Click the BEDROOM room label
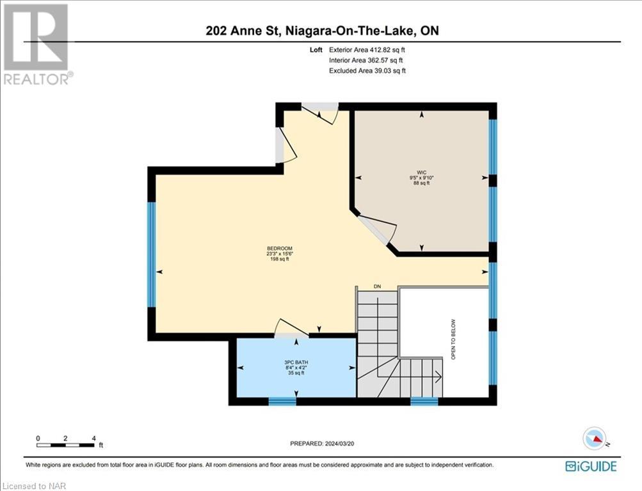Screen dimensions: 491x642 click(280, 249)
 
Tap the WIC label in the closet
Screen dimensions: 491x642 click(421, 172)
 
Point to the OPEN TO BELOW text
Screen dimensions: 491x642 click(453, 339)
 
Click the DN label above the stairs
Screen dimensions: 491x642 click(378, 286)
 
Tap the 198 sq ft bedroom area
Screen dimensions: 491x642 click(280, 259)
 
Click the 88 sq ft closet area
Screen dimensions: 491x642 click(421, 183)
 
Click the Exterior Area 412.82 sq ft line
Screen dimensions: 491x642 click(367, 49)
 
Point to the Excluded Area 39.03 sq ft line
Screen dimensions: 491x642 click(367, 71)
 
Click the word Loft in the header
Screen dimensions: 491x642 click(316, 49)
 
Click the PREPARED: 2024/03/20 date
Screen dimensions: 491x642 click(321, 444)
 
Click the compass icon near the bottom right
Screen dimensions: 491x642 click(595, 439)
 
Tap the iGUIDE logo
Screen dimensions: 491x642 click(591, 466)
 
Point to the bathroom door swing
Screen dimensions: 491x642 click(291, 327)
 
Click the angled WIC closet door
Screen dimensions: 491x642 click(378, 229)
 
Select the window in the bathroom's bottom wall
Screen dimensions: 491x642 click(282, 401)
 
